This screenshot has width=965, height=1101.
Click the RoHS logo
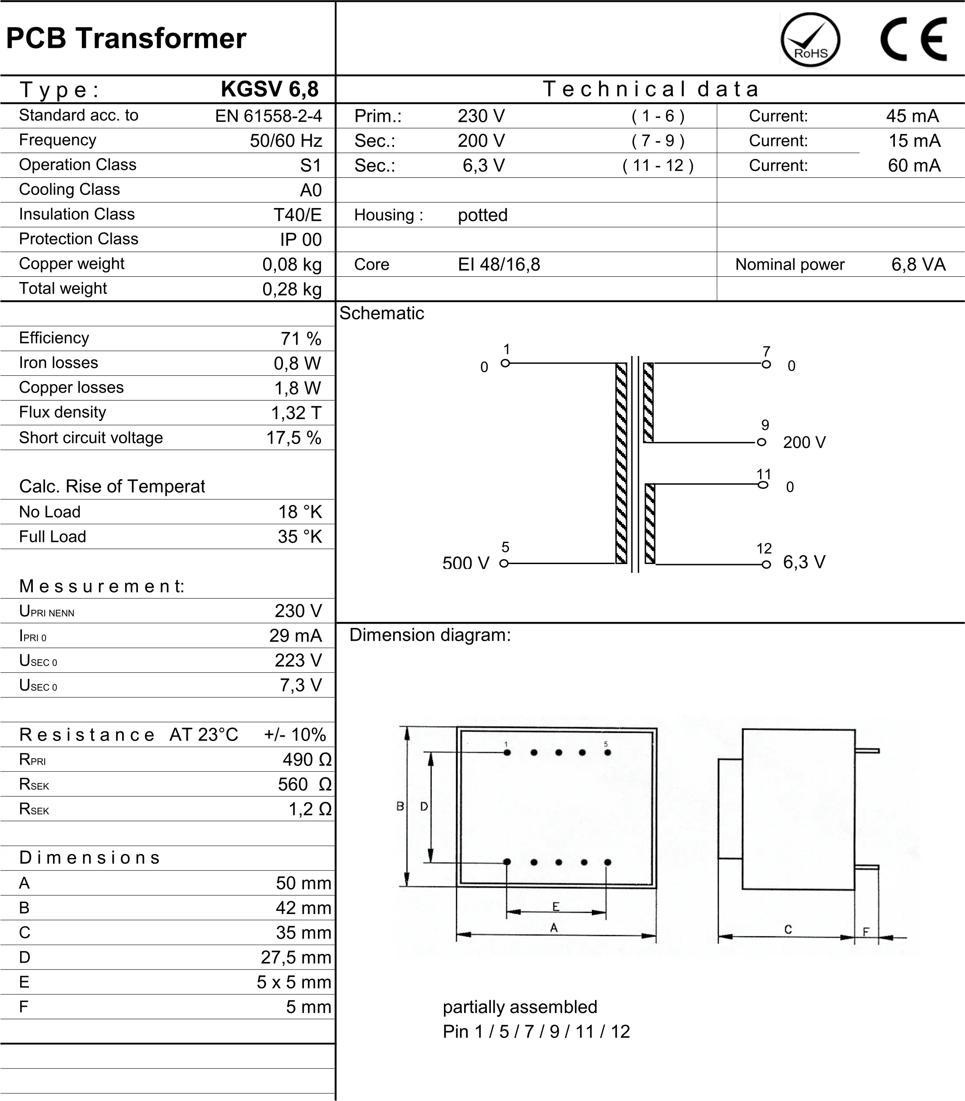810,40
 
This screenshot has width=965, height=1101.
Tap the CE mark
913,39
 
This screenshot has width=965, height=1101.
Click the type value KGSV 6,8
269,89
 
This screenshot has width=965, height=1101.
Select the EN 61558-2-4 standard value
268,116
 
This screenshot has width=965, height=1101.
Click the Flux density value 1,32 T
296,413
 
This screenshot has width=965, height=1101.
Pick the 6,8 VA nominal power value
918,265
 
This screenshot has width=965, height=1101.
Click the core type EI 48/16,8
499,265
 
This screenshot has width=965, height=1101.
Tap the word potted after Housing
482,215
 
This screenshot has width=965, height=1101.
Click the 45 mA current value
912,116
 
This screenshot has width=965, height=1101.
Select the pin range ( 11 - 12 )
658,166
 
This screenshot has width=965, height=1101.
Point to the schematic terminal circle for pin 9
761,442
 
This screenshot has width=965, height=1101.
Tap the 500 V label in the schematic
466,563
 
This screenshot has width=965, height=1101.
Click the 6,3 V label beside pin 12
804,562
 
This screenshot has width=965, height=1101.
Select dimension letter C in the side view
788,929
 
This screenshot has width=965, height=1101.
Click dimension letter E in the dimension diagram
556,907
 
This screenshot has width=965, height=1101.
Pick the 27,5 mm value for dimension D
296,957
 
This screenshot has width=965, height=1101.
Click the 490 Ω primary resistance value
307,759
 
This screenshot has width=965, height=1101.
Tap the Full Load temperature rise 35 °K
299,536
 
